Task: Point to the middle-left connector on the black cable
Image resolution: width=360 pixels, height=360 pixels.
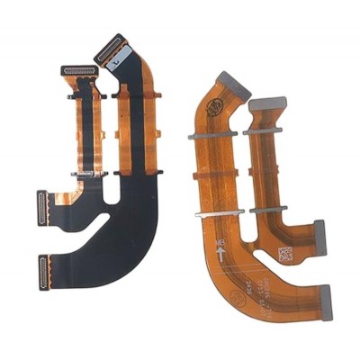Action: (43, 208)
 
